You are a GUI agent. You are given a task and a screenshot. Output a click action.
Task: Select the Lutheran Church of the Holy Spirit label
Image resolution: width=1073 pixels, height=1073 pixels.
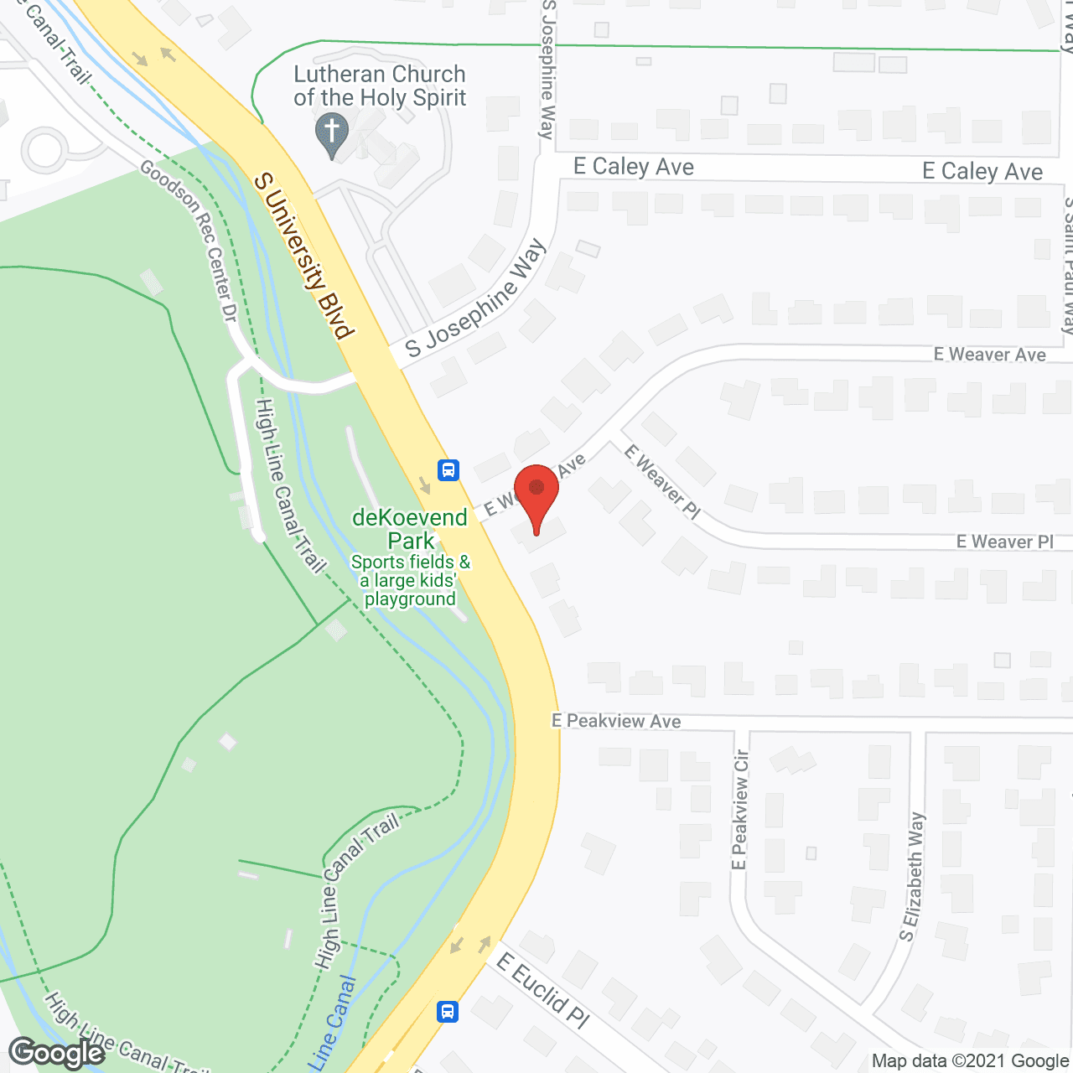pyautogui.click(x=380, y=86)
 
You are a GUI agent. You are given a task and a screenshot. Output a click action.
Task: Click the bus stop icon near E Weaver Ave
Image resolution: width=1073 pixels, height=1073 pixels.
pyautogui.click(x=448, y=469)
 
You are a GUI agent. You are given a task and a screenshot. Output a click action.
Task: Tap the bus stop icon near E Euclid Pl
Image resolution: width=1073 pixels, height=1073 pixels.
pyautogui.click(x=448, y=1011)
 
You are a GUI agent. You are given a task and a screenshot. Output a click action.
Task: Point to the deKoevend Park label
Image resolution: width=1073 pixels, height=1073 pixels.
pyautogui.click(x=410, y=529)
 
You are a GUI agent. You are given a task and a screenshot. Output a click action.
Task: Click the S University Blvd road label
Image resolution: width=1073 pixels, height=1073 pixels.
pyautogui.click(x=303, y=256)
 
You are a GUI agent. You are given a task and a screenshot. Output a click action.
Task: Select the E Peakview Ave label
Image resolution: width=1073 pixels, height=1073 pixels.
pyautogui.click(x=616, y=721)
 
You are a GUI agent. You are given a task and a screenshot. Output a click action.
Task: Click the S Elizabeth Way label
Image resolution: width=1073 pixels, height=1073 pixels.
pyautogui.click(x=911, y=877)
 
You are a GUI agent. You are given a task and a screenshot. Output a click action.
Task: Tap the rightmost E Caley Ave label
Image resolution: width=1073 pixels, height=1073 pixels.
pyautogui.click(x=982, y=172)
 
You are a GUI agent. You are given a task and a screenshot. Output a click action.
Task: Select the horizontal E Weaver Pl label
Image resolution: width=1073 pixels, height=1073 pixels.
pyautogui.click(x=1004, y=542)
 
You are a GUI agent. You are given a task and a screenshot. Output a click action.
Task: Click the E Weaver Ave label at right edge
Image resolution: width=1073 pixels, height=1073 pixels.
pyautogui.click(x=989, y=355)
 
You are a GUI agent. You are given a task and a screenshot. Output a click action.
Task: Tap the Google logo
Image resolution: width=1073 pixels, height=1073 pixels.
pyautogui.click(x=57, y=1053)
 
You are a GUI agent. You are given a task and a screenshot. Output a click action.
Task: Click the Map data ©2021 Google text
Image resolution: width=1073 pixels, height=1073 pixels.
pyautogui.click(x=970, y=1061)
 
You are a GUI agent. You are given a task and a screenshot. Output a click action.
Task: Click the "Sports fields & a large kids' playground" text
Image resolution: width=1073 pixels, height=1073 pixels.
pyautogui.click(x=410, y=580)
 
